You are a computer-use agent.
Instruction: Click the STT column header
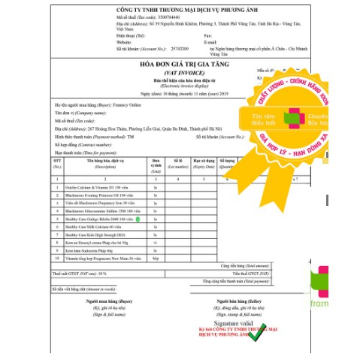click(x=57, y=162)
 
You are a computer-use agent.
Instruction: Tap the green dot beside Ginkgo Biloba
click(x=149, y=218)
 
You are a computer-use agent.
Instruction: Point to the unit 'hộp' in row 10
click(x=156, y=257)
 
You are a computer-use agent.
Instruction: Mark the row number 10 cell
click(x=57, y=257)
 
